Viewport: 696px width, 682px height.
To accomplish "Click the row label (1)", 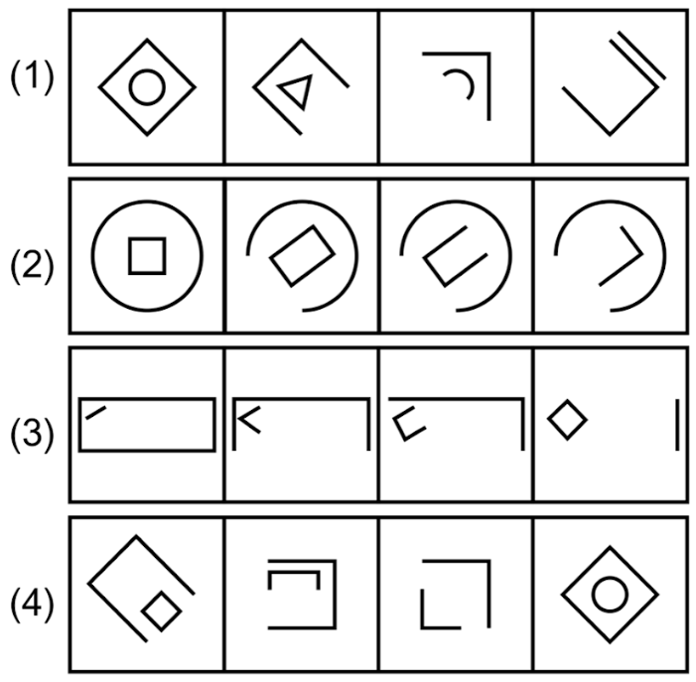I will coord(33,80).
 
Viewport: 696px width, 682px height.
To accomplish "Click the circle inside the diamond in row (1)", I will coord(146,87).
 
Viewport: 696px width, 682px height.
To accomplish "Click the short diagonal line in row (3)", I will coord(95,412).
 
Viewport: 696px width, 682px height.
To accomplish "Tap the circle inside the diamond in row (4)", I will coord(609,595).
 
